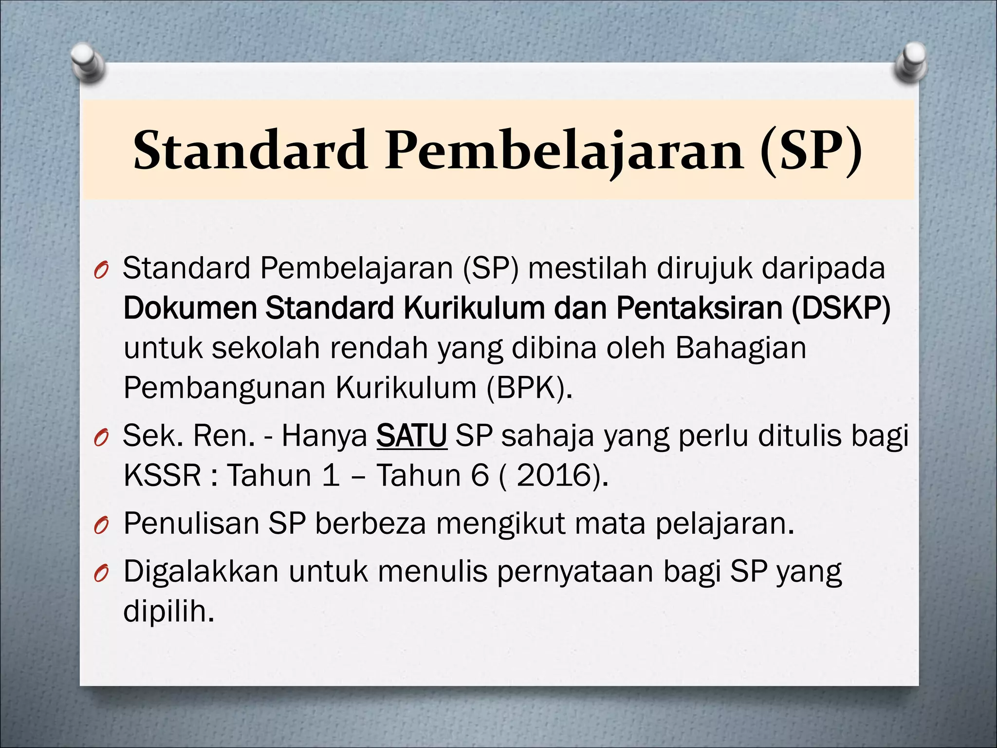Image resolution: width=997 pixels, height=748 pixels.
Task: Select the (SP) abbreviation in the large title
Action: point(811,150)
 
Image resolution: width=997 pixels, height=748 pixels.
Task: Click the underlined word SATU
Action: point(411,435)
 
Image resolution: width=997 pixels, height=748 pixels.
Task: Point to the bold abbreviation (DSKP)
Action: point(841,308)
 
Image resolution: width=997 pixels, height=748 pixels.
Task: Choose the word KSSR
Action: point(162,475)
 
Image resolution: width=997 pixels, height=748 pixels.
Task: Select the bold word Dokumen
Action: point(190,308)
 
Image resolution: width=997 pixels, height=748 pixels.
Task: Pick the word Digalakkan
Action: point(201,572)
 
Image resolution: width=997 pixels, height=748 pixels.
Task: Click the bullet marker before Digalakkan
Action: point(100,575)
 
